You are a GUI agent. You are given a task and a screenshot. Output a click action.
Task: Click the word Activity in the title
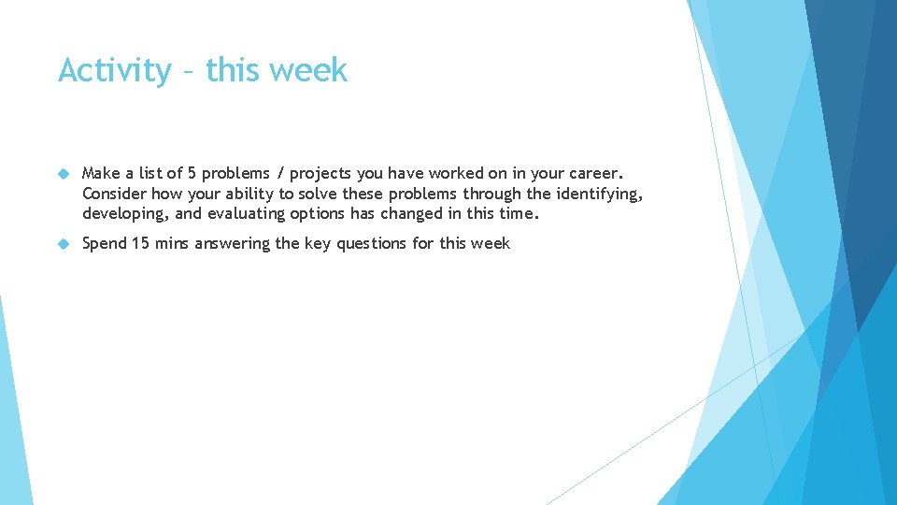[114, 71]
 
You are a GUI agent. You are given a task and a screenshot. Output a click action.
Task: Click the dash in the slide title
[189, 72]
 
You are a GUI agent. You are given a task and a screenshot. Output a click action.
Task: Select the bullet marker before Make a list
[64, 174]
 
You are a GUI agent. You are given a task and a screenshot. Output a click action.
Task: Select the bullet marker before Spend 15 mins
[64, 244]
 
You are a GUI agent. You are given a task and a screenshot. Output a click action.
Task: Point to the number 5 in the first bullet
[192, 173]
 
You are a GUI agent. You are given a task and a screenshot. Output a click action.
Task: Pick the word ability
[250, 194]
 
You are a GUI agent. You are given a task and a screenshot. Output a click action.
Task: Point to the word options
[321, 214]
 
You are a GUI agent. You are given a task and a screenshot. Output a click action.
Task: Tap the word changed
[420, 213]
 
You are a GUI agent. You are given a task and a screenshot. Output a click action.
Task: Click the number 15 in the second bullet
[140, 243]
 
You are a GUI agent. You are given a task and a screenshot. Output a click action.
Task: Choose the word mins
[173, 243]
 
